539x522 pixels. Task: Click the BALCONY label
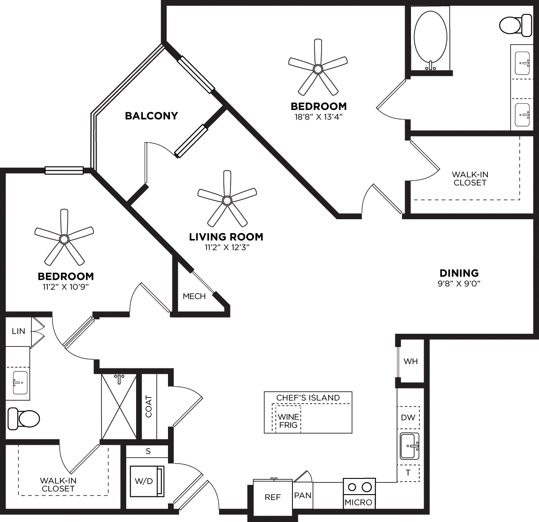point(151,116)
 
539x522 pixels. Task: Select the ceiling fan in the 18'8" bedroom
point(318,69)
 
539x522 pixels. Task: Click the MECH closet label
point(194,296)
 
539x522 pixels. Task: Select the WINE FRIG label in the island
point(288,420)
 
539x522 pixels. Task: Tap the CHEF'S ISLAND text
point(308,398)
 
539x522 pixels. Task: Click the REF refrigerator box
point(273,497)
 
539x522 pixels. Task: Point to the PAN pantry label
point(303,495)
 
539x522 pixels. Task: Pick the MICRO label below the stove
point(358,502)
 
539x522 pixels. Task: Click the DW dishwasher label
point(408,417)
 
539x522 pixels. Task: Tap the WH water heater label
point(411,362)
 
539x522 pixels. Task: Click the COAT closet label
point(149,406)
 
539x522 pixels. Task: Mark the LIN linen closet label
point(18,332)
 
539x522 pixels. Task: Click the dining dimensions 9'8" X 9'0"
point(459,283)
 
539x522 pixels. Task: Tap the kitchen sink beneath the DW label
point(409,446)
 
